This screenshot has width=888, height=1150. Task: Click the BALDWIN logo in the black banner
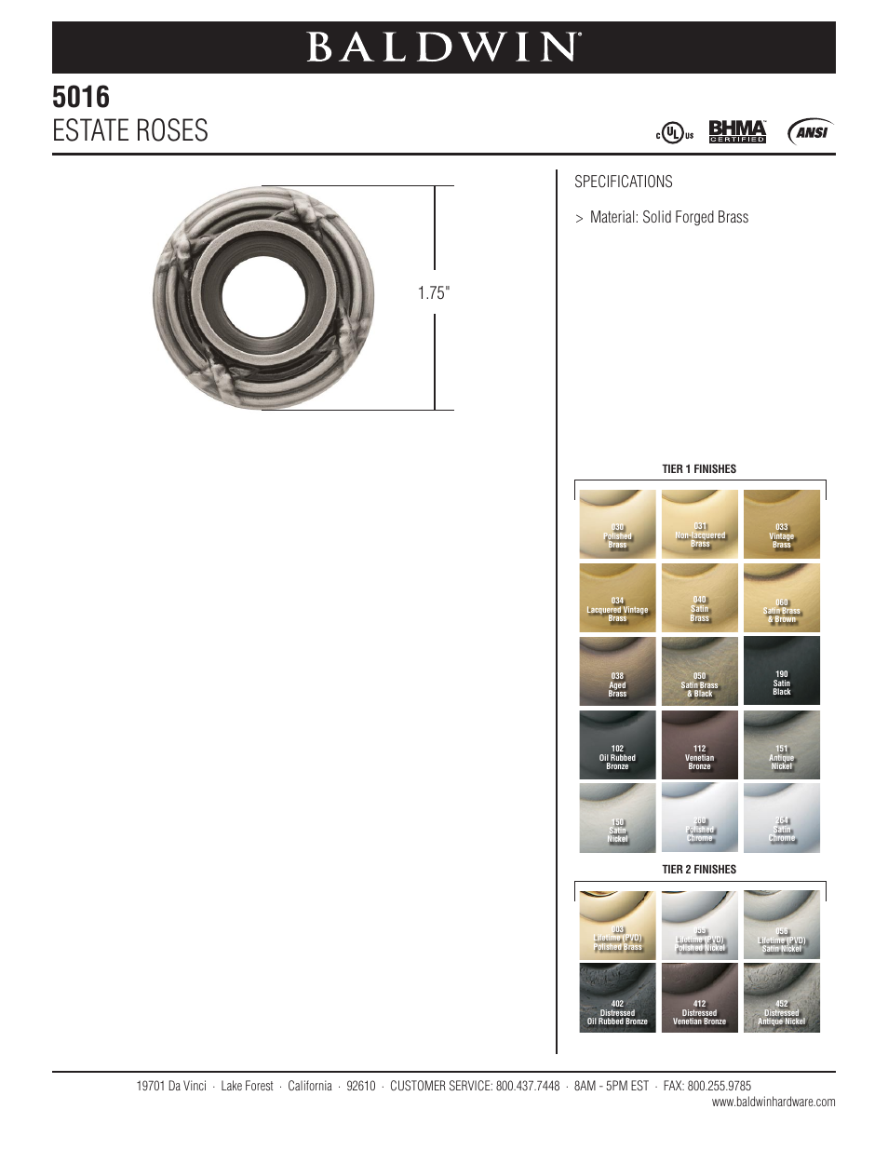pos(444,47)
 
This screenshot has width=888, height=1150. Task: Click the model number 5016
pos(81,97)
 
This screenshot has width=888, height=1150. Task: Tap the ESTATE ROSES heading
pos(130,130)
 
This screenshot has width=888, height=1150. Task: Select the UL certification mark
pos(674,133)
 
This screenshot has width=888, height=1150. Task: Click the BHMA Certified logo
pos(737,132)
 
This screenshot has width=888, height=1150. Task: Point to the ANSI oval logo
pos(810,132)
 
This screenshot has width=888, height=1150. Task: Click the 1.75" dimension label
pos(433,292)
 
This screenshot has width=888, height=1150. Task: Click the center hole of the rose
pos(263,298)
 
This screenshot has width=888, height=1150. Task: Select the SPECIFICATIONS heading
pos(623,182)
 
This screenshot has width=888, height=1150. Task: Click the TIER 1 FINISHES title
pos(699,469)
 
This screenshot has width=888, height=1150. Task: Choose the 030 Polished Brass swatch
pos(617,524)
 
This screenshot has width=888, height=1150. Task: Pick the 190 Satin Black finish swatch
pos(782,671)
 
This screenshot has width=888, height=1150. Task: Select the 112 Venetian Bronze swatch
pos(699,745)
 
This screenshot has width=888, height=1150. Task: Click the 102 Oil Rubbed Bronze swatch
pos(617,745)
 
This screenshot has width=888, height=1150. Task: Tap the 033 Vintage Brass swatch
pos(782,524)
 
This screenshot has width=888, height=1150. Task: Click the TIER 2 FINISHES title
pos(699,870)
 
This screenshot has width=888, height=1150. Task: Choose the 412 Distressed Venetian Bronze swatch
pos(699,997)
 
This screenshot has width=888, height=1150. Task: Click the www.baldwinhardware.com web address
pos(774,1103)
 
